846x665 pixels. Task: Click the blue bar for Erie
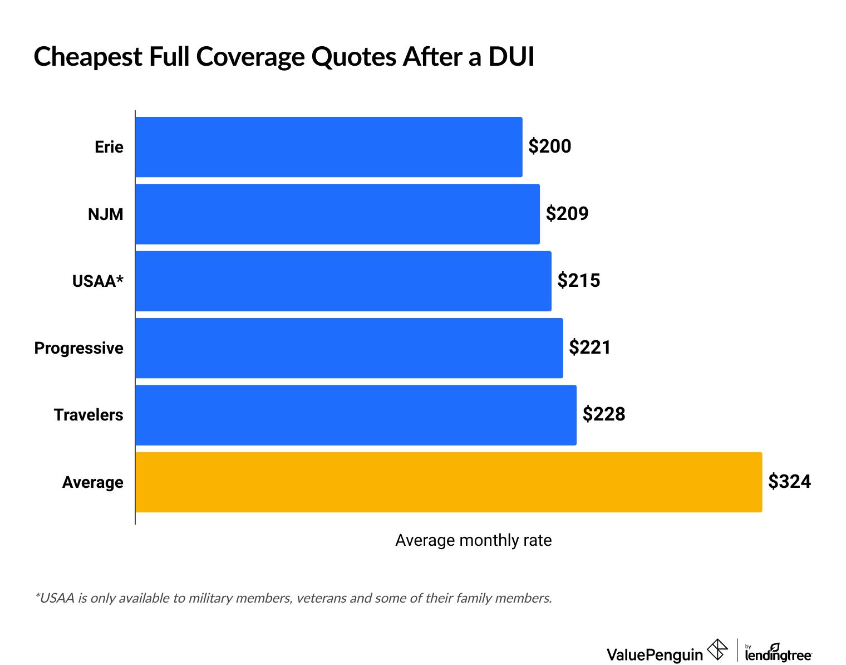pyautogui.click(x=328, y=147)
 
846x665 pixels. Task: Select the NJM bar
pyautogui.click(x=337, y=214)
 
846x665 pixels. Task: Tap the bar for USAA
pyautogui.click(x=343, y=281)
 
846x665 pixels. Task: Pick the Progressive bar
pyautogui.click(x=349, y=348)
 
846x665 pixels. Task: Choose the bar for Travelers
pyautogui.click(x=356, y=415)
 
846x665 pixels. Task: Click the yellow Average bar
pyautogui.click(x=448, y=482)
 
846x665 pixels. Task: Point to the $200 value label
pyautogui.click(x=550, y=146)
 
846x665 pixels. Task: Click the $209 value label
pyautogui.click(x=567, y=213)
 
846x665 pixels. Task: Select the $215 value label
pyautogui.click(x=579, y=280)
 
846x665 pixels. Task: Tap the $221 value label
pyautogui.click(x=590, y=348)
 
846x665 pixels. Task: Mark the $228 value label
pyautogui.click(x=604, y=414)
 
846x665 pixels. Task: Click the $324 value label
pyautogui.click(x=789, y=481)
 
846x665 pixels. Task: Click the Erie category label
pyautogui.click(x=109, y=147)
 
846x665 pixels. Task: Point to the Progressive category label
pyautogui.click(x=79, y=348)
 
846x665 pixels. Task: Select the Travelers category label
pyautogui.click(x=88, y=415)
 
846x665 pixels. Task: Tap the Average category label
pyautogui.click(x=93, y=482)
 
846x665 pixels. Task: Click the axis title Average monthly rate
pyautogui.click(x=473, y=540)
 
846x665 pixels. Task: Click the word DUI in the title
pyautogui.click(x=511, y=57)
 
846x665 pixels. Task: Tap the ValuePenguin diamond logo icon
pyautogui.click(x=717, y=649)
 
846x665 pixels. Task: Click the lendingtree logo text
pyautogui.click(x=778, y=655)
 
